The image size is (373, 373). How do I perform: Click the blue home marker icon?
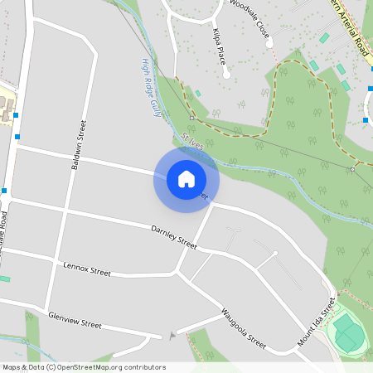186,178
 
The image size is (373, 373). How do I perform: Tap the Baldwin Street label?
80,144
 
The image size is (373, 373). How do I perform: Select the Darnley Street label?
174,238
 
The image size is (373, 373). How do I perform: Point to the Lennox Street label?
87,270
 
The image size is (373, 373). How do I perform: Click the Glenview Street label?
75,320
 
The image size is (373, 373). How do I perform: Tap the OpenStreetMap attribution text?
84,367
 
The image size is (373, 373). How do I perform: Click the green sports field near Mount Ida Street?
348,335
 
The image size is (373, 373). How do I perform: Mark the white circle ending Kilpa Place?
226,75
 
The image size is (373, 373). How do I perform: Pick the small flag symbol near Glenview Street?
172,335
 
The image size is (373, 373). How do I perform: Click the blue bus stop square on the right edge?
366,120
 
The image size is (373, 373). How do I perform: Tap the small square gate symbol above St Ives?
191,119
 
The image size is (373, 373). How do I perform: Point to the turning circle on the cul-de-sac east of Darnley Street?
275,254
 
